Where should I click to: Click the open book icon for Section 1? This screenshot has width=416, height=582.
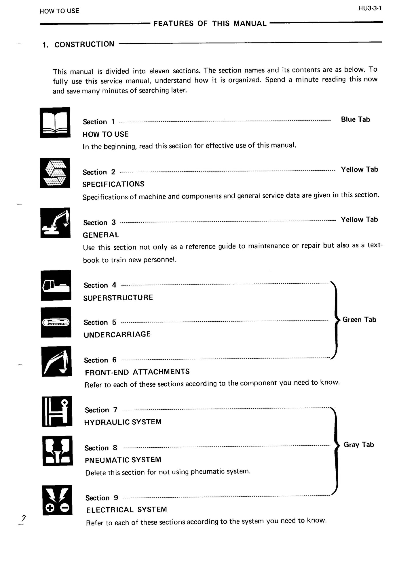tap(55, 122)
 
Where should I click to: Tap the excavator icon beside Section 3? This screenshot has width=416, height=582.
tap(55, 223)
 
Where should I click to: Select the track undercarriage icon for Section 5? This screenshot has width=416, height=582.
tap(56, 322)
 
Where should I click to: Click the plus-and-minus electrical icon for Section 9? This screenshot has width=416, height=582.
tap(57, 500)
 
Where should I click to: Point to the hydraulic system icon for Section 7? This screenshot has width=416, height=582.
tap(57, 411)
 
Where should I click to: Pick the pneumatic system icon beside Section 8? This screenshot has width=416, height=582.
tap(57, 451)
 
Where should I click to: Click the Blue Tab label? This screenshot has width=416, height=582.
tap(355, 119)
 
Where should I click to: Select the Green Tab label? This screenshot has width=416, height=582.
tap(359, 320)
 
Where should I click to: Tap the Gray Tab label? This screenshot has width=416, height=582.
tap(358, 444)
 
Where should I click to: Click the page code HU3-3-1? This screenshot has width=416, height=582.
tap(370, 8)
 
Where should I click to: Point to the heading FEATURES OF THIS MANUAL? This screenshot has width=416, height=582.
tap(210, 24)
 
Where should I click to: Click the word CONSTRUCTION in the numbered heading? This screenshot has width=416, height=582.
tap(84, 44)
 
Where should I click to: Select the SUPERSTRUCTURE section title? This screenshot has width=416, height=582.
tap(118, 297)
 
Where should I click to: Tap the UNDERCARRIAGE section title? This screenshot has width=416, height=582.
tap(117, 334)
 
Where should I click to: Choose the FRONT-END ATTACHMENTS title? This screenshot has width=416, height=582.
tap(137, 372)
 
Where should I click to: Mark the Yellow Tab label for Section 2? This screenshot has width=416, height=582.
tap(359, 169)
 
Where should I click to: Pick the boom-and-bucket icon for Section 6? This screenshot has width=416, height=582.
tap(56, 361)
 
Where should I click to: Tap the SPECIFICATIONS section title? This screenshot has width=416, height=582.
tap(113, 184)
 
